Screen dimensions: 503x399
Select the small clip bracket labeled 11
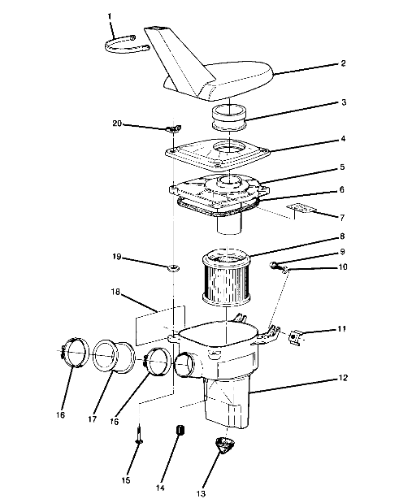(x=296, y=335)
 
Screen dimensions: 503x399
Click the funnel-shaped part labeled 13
(x=225, y=446)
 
